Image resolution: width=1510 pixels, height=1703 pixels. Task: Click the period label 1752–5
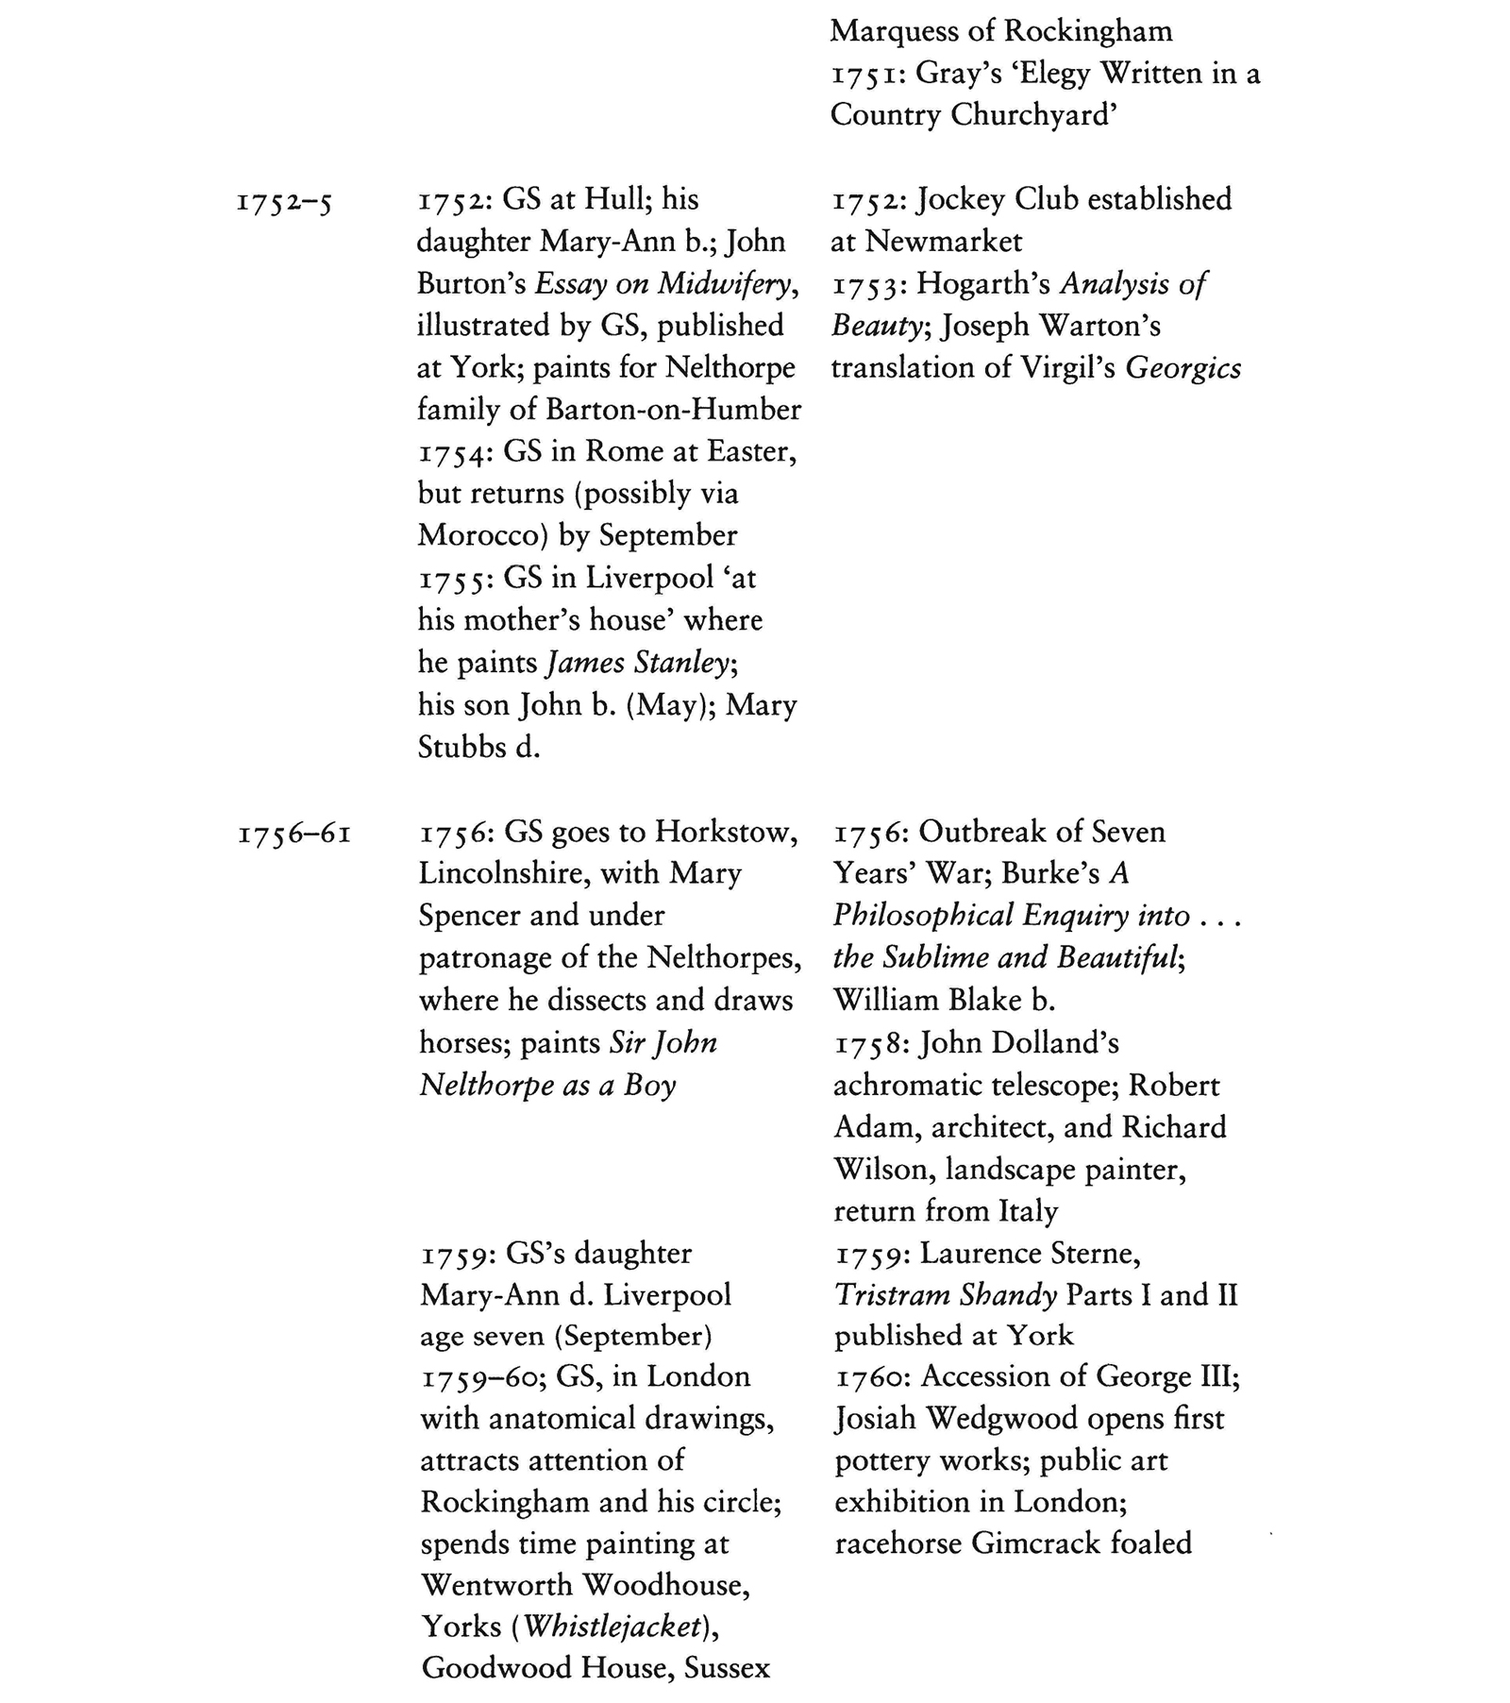tap(284, 202)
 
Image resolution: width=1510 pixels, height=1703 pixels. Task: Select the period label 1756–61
tap(294, 835)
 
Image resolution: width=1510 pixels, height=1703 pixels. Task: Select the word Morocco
tap(477, 535)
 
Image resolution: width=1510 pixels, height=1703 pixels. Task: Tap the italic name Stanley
tap(683, 663)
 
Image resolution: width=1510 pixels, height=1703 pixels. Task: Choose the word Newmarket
tap(943, 242)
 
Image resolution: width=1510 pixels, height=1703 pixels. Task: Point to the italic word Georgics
tap(1183, 368)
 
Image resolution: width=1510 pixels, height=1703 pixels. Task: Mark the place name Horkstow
tap(727, 832)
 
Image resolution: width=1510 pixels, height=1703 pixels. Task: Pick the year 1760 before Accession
tap(873, 1378)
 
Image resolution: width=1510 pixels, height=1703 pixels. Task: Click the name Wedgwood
tap(1001, 1419)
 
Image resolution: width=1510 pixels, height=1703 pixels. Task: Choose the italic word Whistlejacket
tap(612, 1627)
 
